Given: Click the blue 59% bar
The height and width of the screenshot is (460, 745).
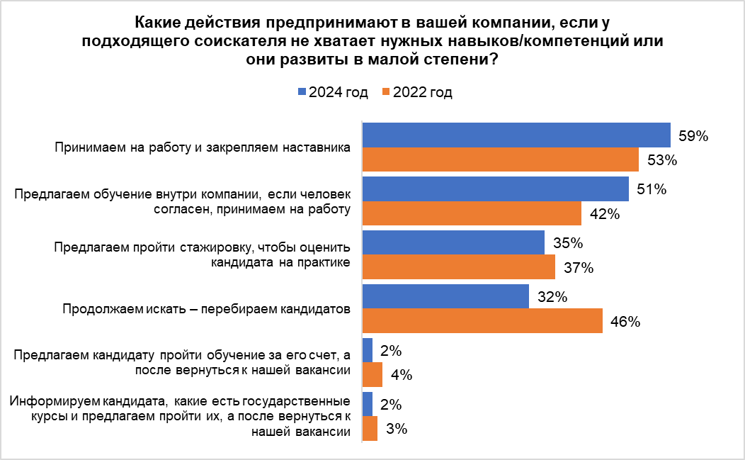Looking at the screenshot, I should coord(516,135).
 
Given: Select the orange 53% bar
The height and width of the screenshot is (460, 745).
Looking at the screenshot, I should coord(500,159).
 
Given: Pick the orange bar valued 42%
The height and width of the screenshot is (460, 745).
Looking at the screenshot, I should coord(472,213).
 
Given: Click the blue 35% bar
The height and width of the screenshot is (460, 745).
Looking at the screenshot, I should coord(453,242).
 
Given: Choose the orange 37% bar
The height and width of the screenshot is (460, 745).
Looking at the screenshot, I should coord(459,267).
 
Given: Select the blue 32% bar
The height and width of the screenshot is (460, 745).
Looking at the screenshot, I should coord(445,296).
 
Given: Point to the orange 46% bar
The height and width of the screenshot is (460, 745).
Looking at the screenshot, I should coord(482,321).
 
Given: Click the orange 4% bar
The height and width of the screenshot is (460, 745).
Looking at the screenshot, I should coord(372,375).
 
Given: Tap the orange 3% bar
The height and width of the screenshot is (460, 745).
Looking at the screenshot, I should coord(370,429).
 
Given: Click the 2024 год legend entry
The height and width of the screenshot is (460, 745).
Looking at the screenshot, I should coord(334,93).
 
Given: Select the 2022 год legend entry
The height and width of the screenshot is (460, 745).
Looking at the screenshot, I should coord(417,93).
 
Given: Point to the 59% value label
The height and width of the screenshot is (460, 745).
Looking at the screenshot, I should coord(693,136).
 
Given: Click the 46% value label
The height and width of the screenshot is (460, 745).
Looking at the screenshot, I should coord(625,322).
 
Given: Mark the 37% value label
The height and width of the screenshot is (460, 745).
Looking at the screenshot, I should coord(578,269).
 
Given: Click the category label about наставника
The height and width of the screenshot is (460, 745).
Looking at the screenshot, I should coord(203,148).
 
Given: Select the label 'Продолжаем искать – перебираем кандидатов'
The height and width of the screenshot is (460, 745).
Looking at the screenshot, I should coord(207,309).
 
